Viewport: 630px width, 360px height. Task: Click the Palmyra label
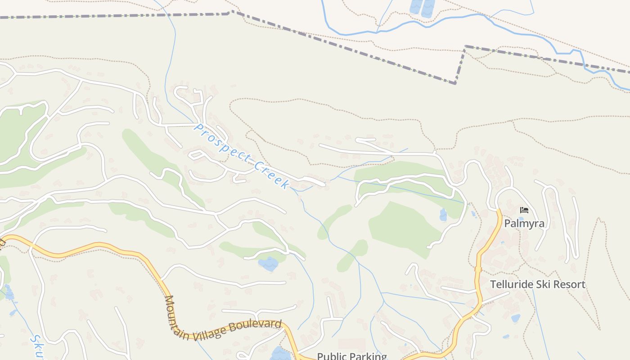point(524,224)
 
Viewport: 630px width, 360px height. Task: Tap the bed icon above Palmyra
point(524,210)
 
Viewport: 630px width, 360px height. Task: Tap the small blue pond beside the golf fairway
point(443,215)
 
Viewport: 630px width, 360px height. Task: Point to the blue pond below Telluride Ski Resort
point(515,318)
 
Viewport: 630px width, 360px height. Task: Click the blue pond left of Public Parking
point(280,354)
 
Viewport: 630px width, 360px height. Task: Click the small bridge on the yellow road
point(477,269)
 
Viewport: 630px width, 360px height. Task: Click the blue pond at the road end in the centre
point(269,264)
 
